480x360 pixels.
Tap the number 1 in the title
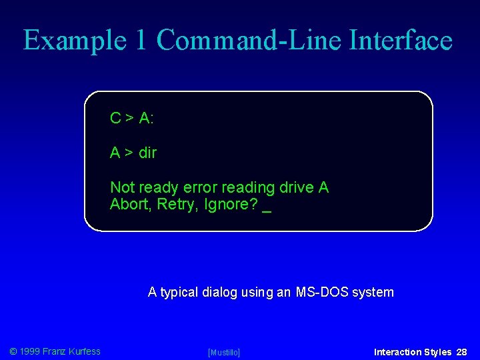click(141, 41)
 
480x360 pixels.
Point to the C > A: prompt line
click(132, 119)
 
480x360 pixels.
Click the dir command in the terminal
click(147, 153)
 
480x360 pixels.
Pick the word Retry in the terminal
click(176, 205)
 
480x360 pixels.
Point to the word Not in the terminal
click(122, 188)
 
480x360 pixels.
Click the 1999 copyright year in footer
click(29, 351)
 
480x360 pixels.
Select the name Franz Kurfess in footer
click(71, 351)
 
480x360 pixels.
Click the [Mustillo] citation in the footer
click(224, 352)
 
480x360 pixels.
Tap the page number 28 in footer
click(462, 352)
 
